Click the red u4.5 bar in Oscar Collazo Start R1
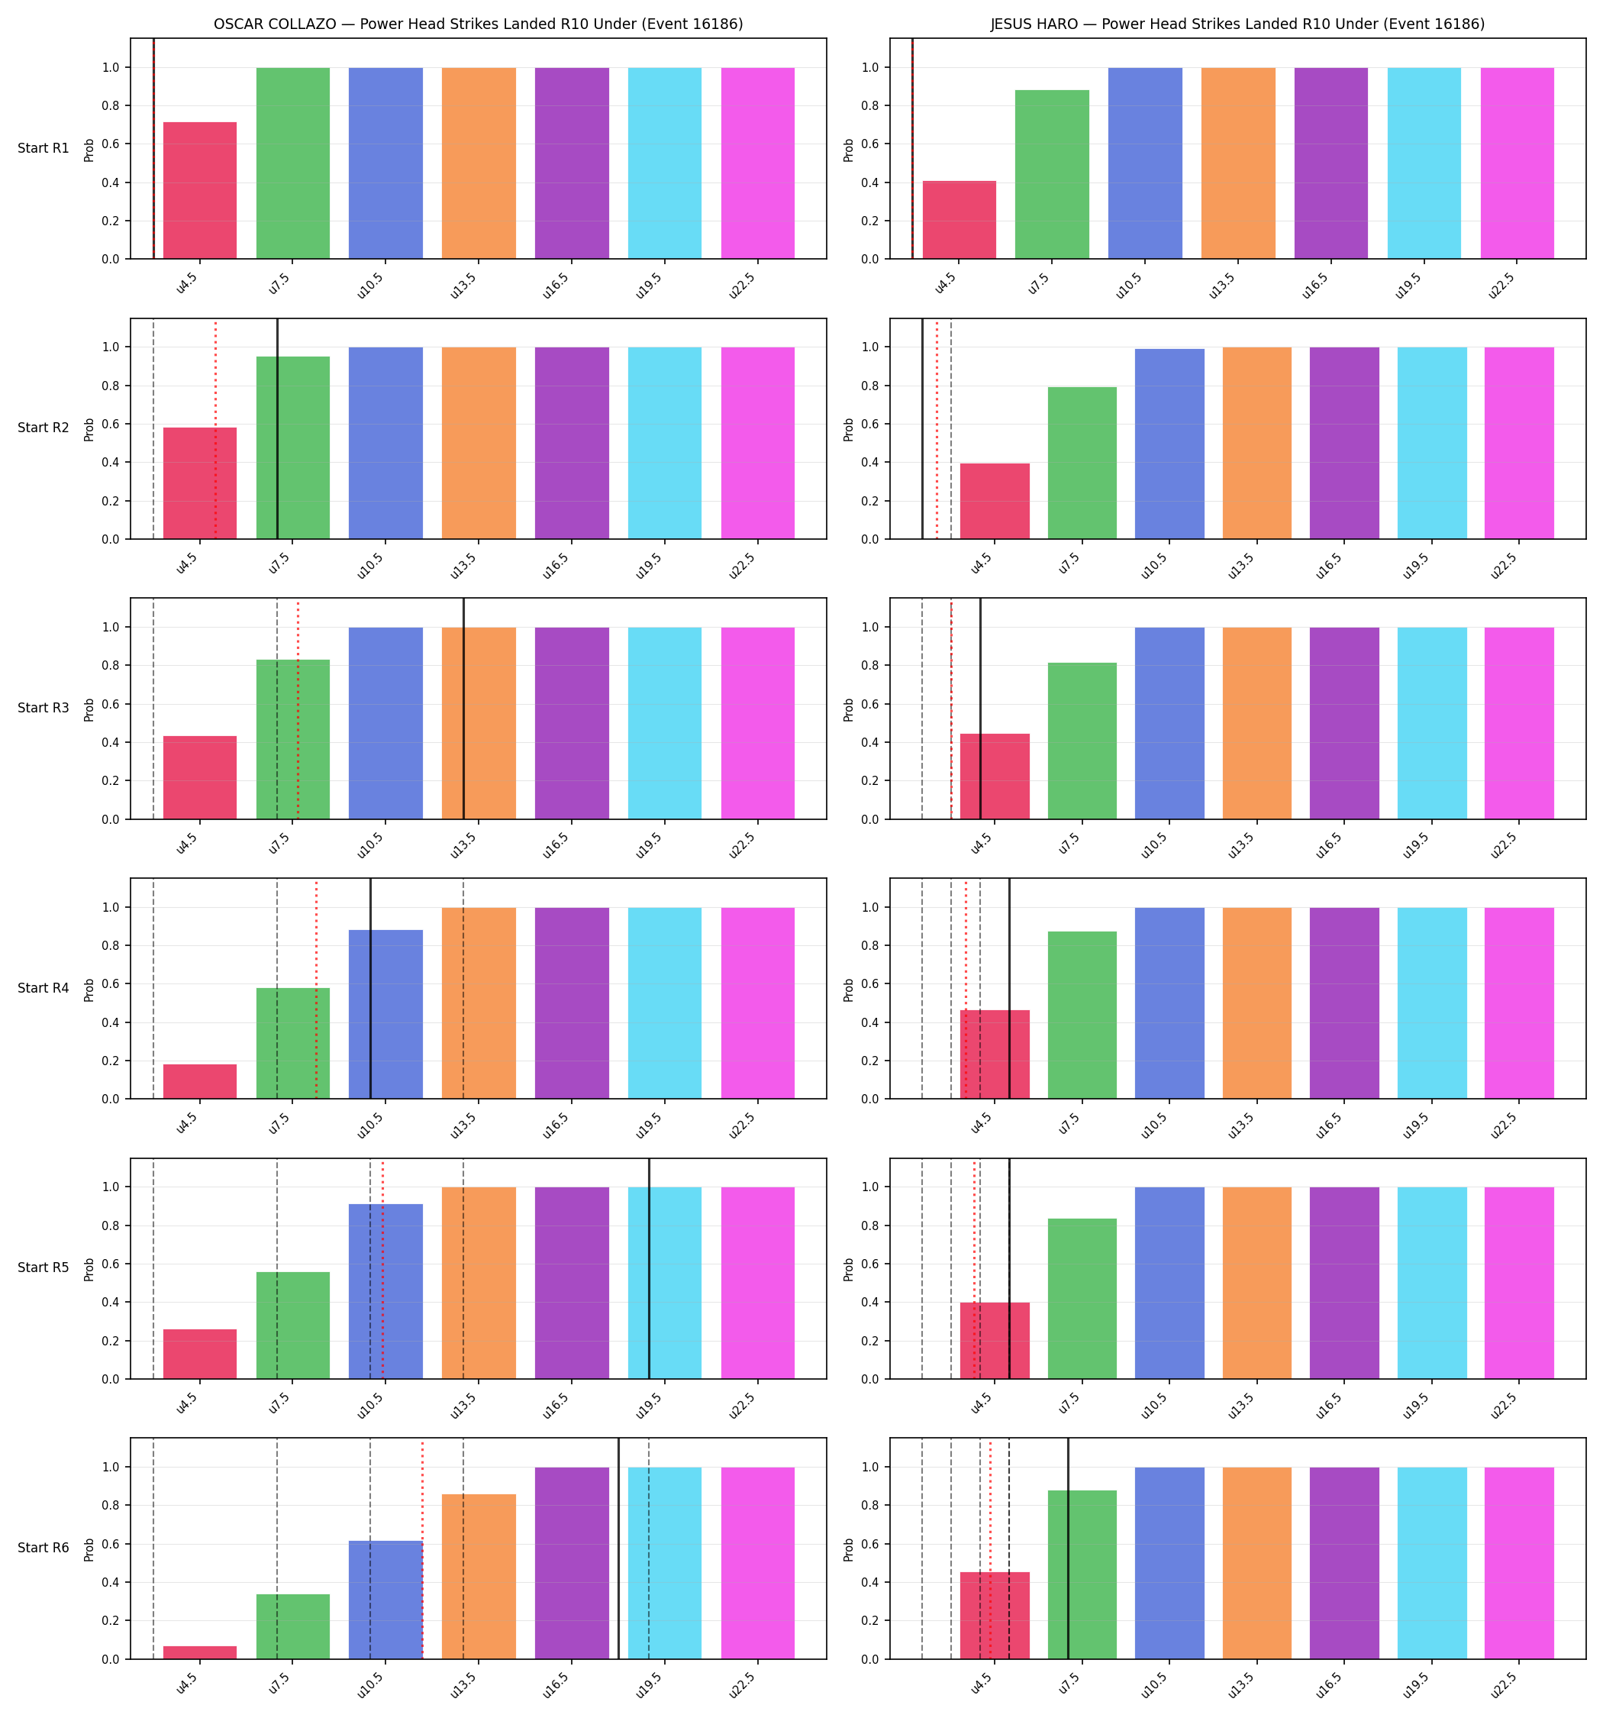[200, 190]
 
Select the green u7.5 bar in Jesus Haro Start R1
[1052, 175]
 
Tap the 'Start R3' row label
[44, 708]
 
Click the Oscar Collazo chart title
[478, 24]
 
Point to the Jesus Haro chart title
[1237, 24]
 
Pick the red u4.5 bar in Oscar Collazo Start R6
[200, 1652]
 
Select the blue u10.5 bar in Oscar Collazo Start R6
[385, 1600]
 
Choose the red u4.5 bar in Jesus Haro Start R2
[995, 501]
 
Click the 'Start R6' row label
[44, 1548]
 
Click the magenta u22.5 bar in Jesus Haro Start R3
[1519, 723]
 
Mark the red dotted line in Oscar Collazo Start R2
[215, 429]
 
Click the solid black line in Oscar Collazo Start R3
[463, 709]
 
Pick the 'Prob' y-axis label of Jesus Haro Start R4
[849, 990]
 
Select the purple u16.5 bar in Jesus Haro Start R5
[1345, 1284]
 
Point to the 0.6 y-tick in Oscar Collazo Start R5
[110, 1264]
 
